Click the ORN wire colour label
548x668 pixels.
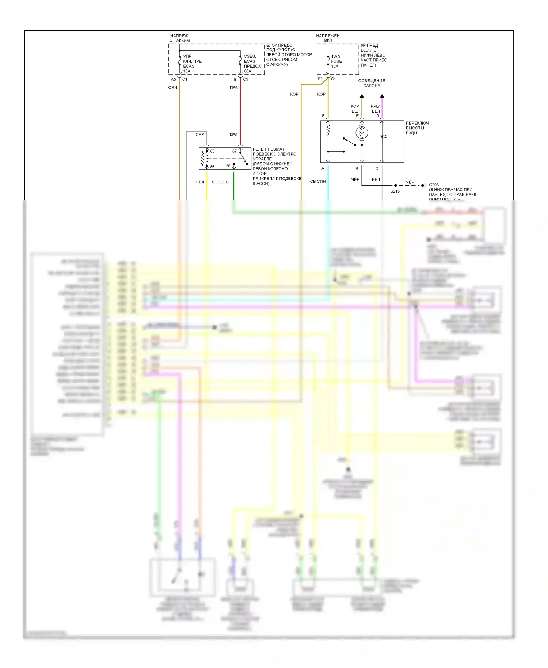point(172,88)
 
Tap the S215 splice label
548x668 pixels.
point(395,191)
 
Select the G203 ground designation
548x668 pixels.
point(434,185)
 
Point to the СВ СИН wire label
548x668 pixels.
point(317,181)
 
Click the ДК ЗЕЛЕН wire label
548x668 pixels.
point(221,182)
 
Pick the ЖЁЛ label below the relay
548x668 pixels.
point(199,182)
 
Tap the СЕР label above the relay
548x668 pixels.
point(199,135)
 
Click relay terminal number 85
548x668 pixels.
point(212,151)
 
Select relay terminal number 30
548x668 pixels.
point(228,166)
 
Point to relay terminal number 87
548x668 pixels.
point(234,151)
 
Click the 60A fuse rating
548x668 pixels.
point(247,71)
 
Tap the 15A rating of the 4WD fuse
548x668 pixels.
point(335,67)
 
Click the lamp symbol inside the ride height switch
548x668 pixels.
point(362,133)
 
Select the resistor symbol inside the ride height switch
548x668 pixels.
point(328,129)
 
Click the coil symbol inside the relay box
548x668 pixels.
point(205,158)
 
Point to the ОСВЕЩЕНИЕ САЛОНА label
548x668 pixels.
point(372,83)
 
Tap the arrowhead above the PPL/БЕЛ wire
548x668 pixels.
point(382,96)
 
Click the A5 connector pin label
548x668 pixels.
point(173,79)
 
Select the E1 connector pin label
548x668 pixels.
point(320,79)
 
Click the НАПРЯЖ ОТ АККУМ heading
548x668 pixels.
point(179,38)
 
